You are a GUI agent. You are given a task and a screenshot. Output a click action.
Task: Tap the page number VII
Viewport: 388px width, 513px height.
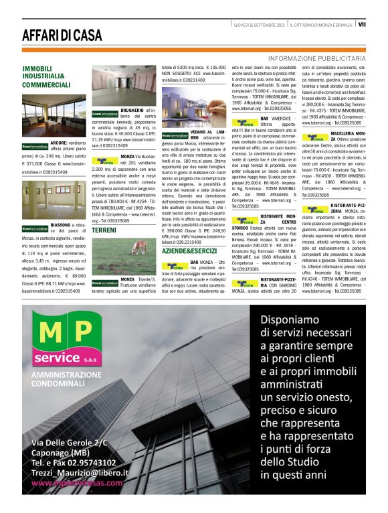(362, 23)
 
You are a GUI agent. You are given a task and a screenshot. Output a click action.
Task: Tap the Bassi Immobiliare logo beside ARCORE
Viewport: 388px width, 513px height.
(35, 145)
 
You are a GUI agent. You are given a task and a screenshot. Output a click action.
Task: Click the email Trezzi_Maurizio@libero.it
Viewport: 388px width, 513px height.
(76, 473)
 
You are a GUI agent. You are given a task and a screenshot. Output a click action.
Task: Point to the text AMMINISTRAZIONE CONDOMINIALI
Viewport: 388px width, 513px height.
(66, 380)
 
